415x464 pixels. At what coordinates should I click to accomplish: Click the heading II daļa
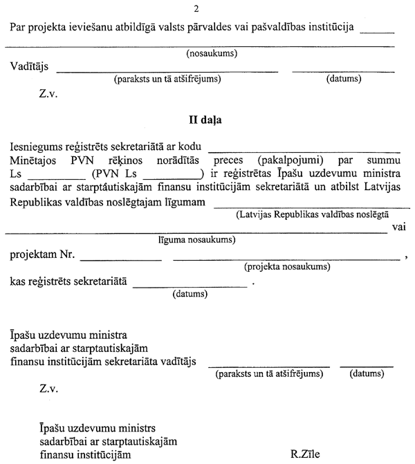[x=205, y=119]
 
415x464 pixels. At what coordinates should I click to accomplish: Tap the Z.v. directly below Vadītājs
[x=49, y=93]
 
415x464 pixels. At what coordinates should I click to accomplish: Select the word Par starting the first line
[x=19, y=28]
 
